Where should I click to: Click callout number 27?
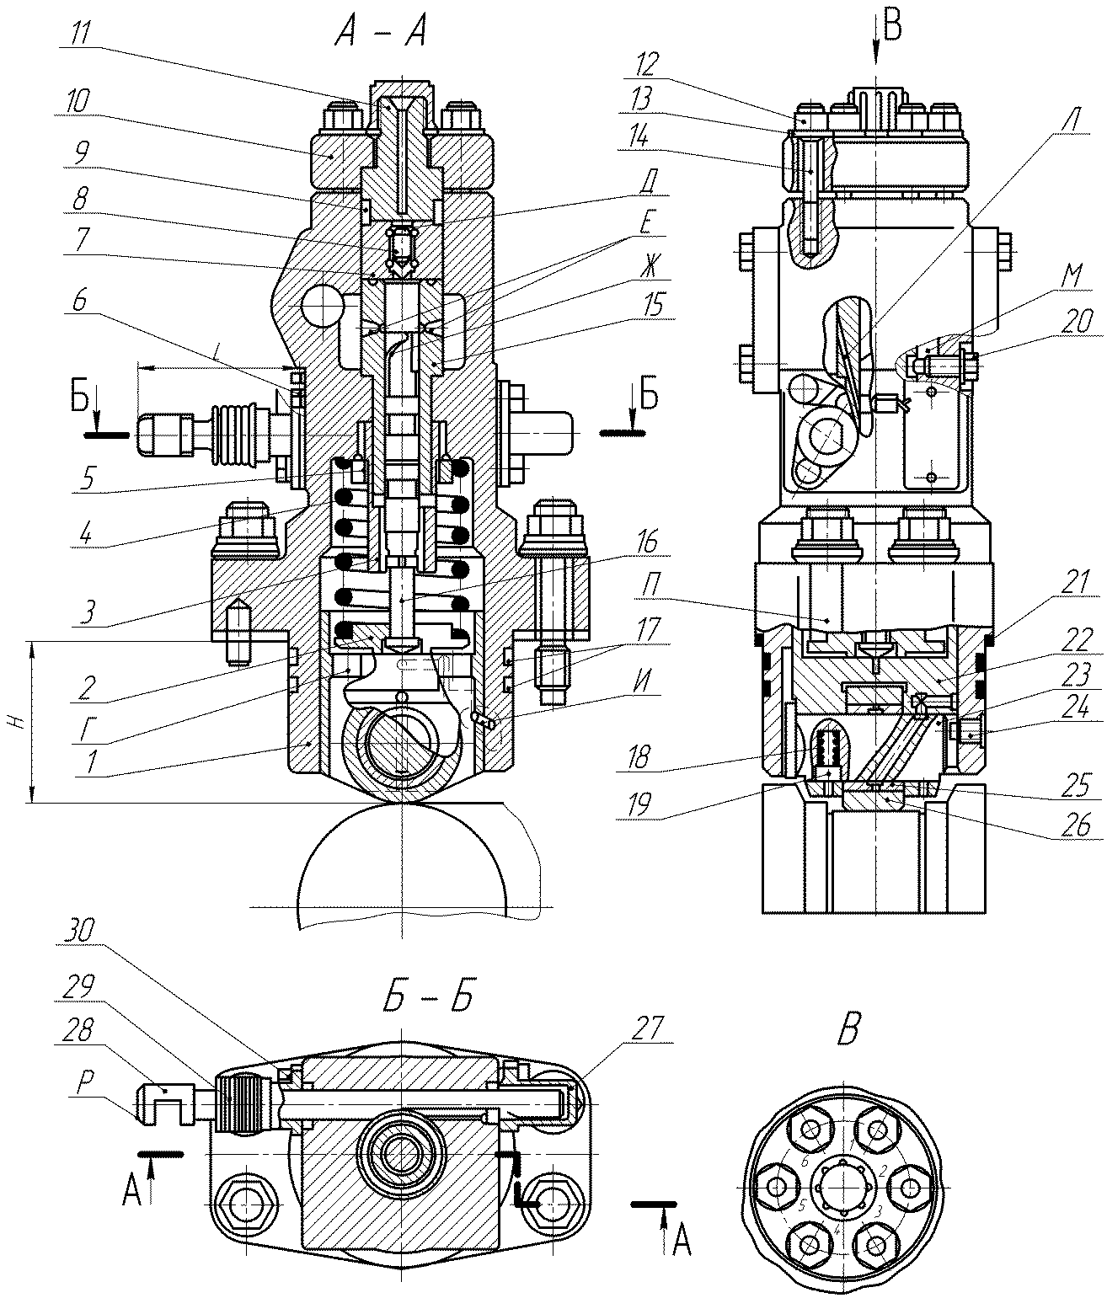pos(650,1027)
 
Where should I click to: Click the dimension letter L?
pos(217,357)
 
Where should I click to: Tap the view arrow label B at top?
pos(892,26)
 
